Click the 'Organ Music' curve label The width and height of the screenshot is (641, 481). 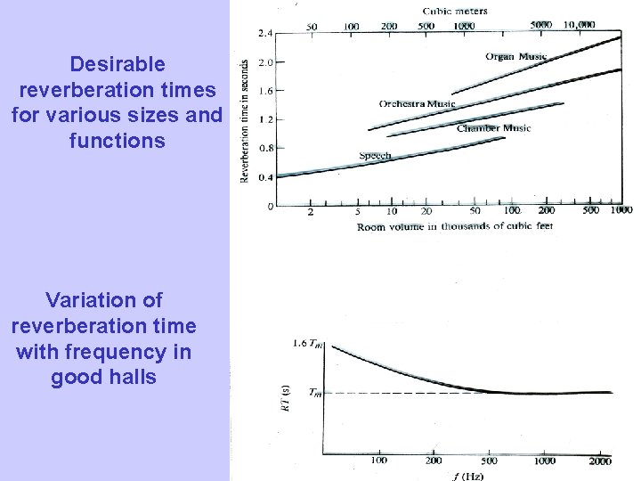click(516, 57)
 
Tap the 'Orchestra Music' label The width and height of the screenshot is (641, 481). click(417, 104)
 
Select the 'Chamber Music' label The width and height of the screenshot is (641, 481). click(493, 128)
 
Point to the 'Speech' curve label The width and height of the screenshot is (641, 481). click(375, 156)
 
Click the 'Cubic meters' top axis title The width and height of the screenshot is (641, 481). click(454, 12)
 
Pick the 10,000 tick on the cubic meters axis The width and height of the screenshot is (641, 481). click(580, 25)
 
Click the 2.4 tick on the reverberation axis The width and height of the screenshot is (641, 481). click(265, 33)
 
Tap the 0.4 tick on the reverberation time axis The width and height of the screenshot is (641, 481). click(265, 177)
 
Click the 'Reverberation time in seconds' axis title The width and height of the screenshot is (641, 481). click(245, 121)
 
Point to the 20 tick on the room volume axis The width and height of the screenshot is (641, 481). click(426, 211)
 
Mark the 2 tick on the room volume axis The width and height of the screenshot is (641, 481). click(310, 211)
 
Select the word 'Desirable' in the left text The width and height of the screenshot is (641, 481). click(117, 64)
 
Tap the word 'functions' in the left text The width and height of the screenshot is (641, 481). click(117, 140)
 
